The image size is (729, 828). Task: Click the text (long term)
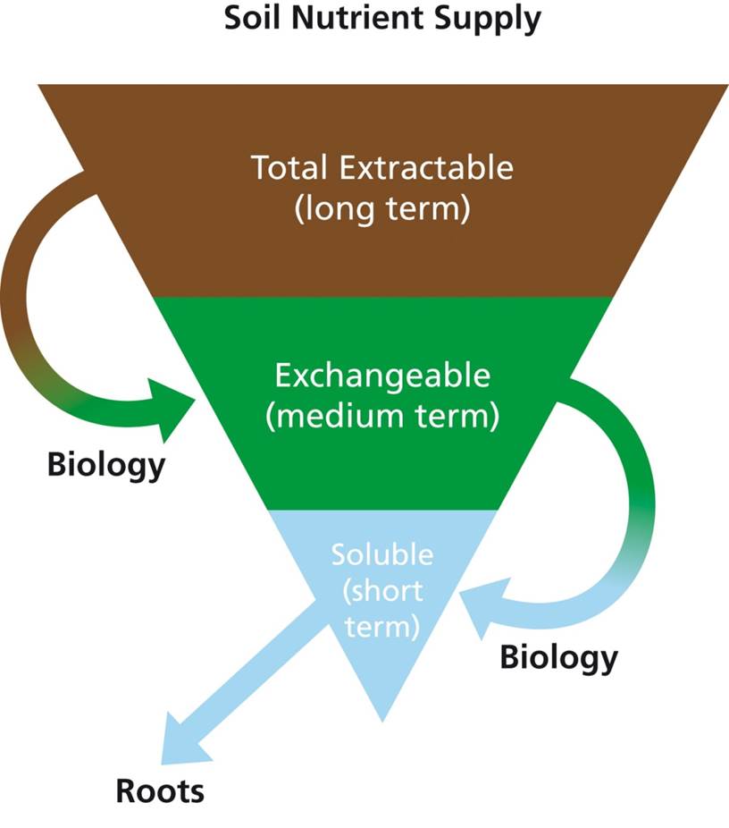(381, 210)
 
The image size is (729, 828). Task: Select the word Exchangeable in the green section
(382, 376)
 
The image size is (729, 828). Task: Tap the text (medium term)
(382, 418)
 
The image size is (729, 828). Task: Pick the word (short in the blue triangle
(382, 590)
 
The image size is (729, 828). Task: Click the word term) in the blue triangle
(382, 625)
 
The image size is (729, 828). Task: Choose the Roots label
(160, 790)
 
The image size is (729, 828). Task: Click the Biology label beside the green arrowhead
(106, 464)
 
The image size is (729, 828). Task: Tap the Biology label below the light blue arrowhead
(558, 657)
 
